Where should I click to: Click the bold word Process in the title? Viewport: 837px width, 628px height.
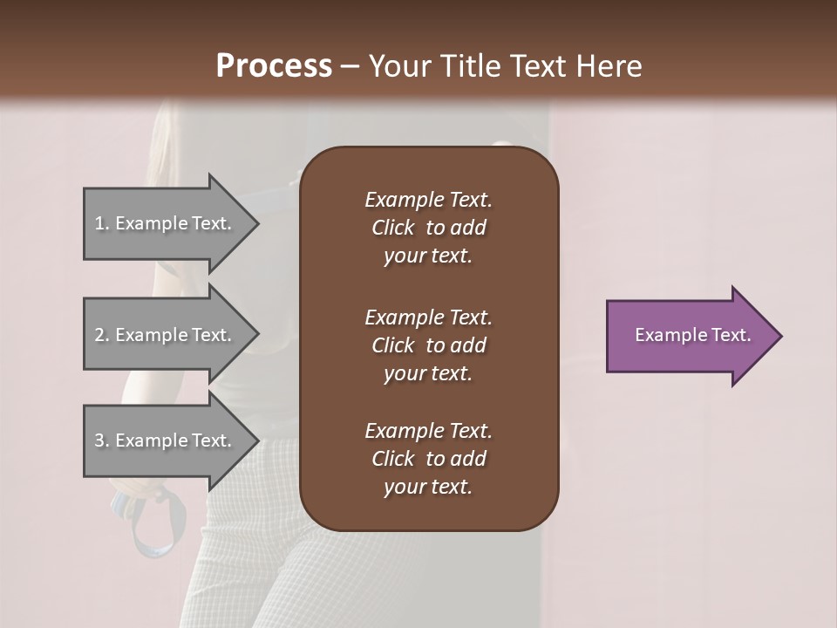274,66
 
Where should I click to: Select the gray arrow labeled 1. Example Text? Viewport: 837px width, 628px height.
166,223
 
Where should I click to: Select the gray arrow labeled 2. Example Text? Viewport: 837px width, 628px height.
166,335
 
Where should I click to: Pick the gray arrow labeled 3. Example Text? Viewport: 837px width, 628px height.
166,440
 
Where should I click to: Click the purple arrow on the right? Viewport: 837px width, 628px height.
689,336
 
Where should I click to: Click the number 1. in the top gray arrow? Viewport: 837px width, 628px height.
102,223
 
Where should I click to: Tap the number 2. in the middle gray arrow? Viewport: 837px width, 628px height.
102,335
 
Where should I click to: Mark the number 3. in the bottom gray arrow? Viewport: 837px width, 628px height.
102,440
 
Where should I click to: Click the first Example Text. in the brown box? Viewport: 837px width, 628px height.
428,200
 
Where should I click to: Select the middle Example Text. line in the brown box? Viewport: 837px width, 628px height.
428,317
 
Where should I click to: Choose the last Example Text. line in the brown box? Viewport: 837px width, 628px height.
428,431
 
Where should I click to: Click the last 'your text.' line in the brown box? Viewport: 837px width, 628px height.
428,488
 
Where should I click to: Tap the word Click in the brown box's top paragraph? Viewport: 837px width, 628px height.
392,228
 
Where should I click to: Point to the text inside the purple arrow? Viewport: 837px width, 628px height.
692,335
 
